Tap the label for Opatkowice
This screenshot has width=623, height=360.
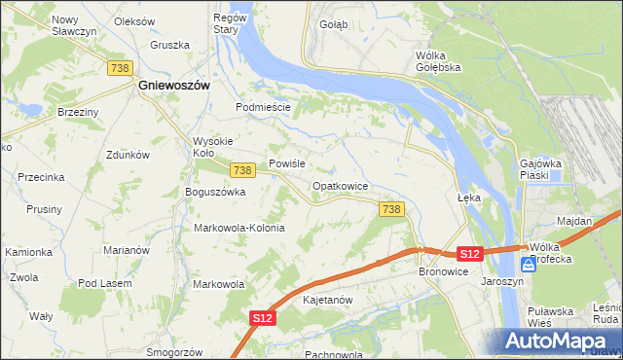pos(339,185)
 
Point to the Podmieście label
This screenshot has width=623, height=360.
pos(263,107)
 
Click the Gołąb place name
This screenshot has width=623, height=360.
pos(333,25)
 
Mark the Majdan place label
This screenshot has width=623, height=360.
pos(574,221)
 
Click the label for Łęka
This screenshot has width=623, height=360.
pos(470,197)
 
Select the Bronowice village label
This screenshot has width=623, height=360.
pos(444,271)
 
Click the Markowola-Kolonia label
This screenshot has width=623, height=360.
pos(239,228)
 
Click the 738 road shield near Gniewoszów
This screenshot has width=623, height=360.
pos(121,67)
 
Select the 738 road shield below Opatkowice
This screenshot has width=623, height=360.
pos(391,209)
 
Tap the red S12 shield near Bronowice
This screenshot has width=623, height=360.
pos(469,253)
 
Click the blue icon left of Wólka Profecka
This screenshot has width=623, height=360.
pos(528,264)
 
